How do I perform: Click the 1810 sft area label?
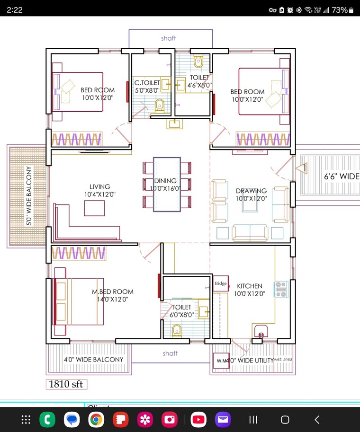(x=66, y=384)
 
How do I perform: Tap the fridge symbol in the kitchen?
(x=221, y=284)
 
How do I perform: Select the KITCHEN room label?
(x=250, y=286)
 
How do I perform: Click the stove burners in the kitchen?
(x=281, y=289)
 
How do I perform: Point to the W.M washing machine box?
(x=222, y=361)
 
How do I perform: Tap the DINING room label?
(x=165, y=181)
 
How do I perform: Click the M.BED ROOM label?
(x=113, y=292)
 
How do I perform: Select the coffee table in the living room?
(x=95, y=208)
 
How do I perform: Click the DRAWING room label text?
(x=251, y=191)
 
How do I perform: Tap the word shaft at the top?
(x=168, y=38)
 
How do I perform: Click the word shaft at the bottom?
(x=170, y=353)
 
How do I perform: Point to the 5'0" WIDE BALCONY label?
(x=29, y=196)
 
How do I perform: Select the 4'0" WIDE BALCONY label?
(x=93, y=360)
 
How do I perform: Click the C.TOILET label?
(x=147, y=83)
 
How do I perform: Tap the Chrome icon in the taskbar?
(x=96, y=419)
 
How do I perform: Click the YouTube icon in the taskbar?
(x=198, y=419)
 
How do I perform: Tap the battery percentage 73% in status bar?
(x=339, y=9)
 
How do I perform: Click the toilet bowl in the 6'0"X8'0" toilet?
(x=177, y=330)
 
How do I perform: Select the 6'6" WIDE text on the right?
(x=341, y=176)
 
